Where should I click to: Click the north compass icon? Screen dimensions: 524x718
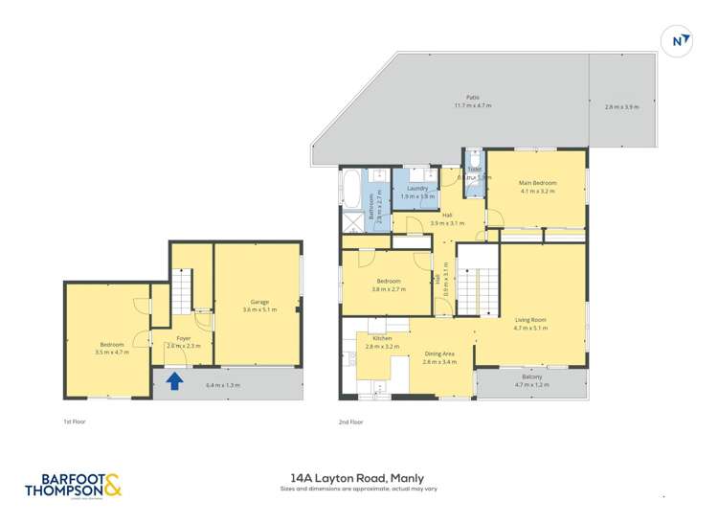click(677, 41)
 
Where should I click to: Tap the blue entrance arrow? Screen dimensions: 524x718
click(174, 381)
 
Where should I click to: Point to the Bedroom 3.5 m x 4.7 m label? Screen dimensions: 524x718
click(113, 348)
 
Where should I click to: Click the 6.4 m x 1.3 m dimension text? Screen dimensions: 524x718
click(222, 385)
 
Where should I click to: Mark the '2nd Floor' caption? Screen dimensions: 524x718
click(351, 421)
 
